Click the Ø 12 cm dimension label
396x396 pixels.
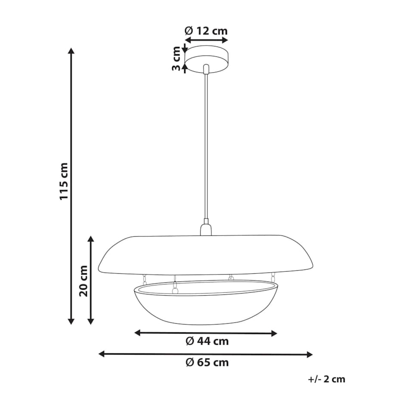pyautogui.click(x=206, y=31)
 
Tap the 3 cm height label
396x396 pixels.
pyautogui.click(x=176, y=59)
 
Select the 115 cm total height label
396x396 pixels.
pyautogui.click(x=63, y=182)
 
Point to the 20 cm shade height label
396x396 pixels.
pyautogui.click(x=84, y=281)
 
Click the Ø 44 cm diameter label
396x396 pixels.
pyautogui.click(x=207, y=341)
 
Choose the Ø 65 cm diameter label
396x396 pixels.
pyautogui.click(x=207, y=362)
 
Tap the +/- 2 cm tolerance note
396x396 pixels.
pyautogui.click(x=327, y=379)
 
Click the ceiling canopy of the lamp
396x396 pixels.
pyautogui.click(x=206, y=59)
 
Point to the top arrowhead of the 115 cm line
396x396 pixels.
pyautogui.click(x=71, y=50)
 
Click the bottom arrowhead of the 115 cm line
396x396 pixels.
pyautogui.click(x=71, y=321)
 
